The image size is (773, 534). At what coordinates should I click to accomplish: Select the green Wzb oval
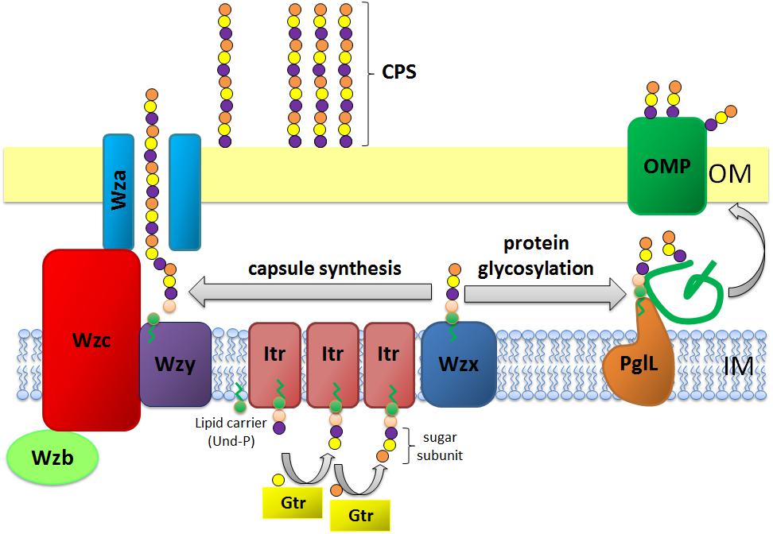[52, 459]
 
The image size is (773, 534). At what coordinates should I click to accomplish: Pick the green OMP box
[666, 166]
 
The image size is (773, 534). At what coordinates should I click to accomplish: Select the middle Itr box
[332, 354]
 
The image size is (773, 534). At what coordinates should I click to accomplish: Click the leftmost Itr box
[275, 354]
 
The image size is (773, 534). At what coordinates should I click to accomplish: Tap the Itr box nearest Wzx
[389, 354]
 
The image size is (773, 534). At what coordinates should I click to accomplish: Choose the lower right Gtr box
[360, 515]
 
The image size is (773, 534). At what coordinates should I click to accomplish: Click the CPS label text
[399, 73]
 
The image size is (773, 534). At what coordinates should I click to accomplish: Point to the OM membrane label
[729, 173]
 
